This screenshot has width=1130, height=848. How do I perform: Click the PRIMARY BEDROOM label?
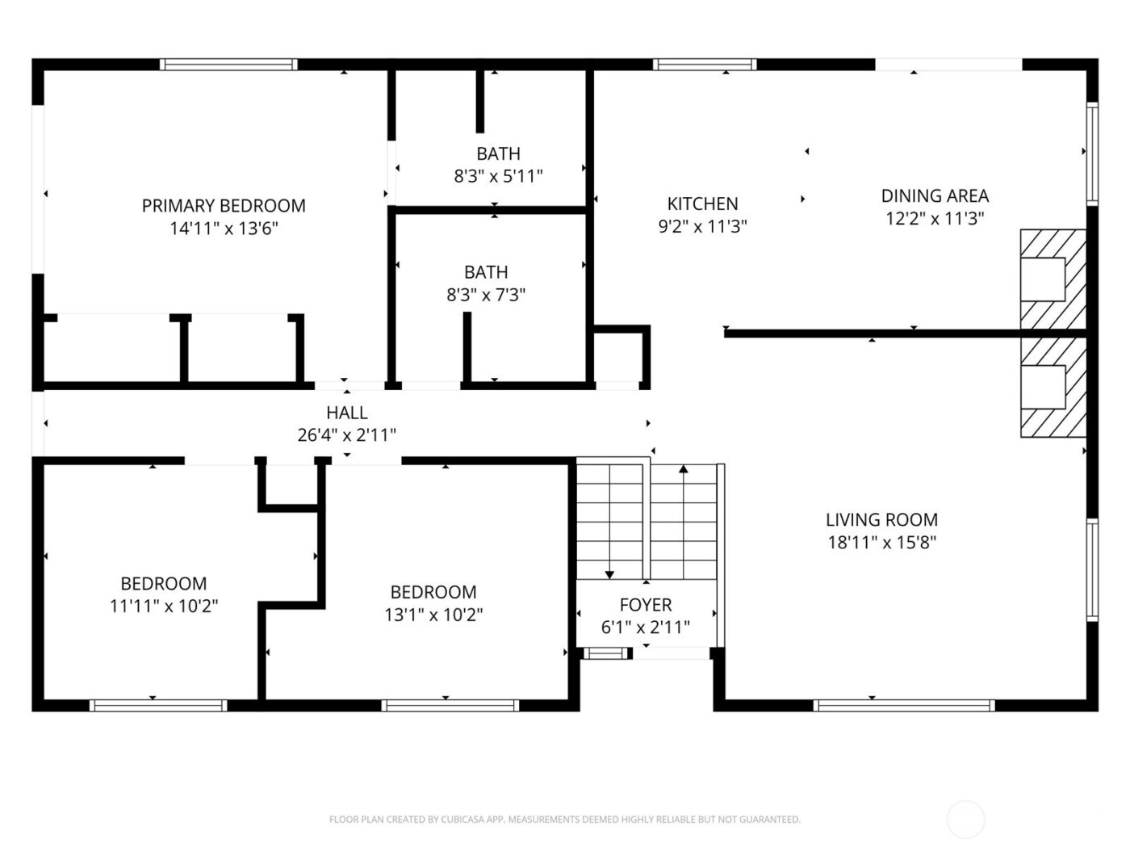coord(224,206)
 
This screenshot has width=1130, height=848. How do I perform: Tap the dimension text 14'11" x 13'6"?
coord(224,229)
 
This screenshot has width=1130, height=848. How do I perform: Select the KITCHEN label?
coord(702,204)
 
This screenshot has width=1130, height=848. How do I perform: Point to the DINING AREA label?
coord(935,195)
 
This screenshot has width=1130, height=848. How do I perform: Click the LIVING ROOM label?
coord(881,520)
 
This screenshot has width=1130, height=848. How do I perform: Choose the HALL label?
coord(347,413)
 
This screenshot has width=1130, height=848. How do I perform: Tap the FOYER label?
coord(646,605)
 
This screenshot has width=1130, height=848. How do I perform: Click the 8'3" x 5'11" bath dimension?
coord(498,176)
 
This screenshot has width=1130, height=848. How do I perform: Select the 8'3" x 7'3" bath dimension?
coord(486,295)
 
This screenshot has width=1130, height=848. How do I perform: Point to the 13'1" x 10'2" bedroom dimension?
coord(433,615)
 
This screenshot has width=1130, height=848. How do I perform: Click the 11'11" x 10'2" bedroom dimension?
coord(164,606)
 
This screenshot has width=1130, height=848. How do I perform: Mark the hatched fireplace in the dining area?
coord(1053,279)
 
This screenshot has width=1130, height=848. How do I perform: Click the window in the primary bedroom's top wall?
coord(228,65)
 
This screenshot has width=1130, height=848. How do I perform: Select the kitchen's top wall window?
coord(705,65)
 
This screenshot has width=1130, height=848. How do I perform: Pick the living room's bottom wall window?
coord(905,705)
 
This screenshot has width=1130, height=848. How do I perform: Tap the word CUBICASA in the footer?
coord(462,820)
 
